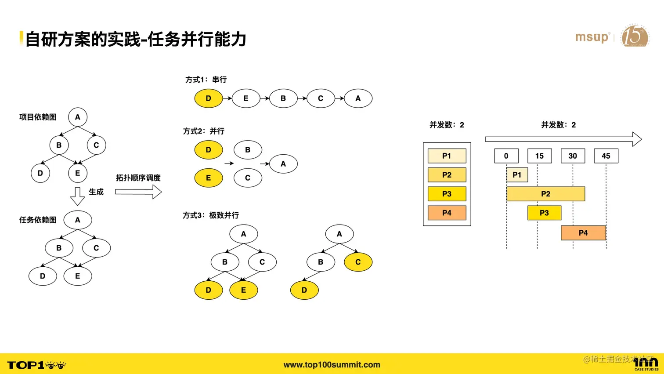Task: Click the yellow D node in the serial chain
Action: (x=208, y=98)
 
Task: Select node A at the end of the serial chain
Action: (x=358, y=98)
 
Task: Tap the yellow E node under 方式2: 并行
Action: (x=208, y=178)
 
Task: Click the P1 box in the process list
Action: (x=447, y=156)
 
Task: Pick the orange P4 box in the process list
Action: (x=447, y=213)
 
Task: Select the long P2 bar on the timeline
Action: (x=545, y=194)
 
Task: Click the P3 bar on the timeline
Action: (x=544, y=213)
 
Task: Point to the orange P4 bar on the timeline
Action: (x=583, y=233)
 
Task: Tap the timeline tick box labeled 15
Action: (x=539, y=156)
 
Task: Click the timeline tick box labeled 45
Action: (x=606, y=156)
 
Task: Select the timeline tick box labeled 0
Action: (x=506, y=156)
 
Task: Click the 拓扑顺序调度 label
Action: (x=138, y=178)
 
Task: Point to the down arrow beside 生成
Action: (x=77, y=196)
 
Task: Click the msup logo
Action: (x=592, y=37)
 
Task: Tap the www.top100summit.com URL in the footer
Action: (x=332, y=365)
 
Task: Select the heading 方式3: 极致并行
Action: (x=211, y=215)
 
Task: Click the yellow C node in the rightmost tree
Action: (x=358, y=262)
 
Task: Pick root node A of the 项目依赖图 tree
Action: (x=78, y=117)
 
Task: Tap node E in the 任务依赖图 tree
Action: (x=78, y=276)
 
